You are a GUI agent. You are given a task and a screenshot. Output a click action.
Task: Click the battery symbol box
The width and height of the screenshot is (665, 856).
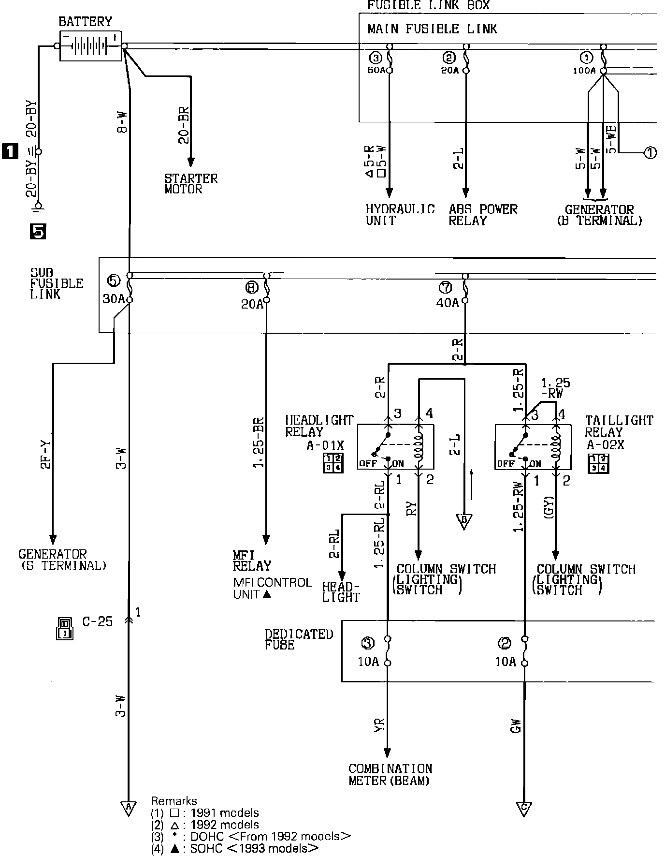pyautogui.click(x=90, y=46)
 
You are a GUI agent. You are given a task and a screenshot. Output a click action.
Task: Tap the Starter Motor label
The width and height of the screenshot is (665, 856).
pyautogui.click(x=191, y=184)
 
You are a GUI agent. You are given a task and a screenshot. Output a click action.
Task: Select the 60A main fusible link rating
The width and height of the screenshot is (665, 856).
pyautogui.click(x=376, y=70)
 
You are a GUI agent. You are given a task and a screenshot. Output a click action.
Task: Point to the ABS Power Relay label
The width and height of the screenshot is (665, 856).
pyautogui.click(x=483, y=215)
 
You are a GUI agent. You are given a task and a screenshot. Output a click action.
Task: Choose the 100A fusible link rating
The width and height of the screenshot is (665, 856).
pyautogui.click(x=584, y=71)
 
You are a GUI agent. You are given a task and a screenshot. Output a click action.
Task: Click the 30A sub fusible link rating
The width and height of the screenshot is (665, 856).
pyautogui.click(x=114, y=299)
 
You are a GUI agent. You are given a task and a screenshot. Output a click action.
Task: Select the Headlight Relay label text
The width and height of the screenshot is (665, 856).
pyautogui.click(x=319, y=426)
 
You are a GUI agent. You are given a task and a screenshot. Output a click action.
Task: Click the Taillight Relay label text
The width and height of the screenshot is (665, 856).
pyautogui.click(x=619, y=426)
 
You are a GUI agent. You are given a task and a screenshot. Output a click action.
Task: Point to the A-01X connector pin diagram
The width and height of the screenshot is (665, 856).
pyautogui.click(x=333, y=463)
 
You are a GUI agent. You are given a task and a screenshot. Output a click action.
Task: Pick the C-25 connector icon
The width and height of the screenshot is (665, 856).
pyautogui.click(x=64, y=628)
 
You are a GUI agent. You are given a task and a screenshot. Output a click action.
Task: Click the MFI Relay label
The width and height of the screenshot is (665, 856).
pyautogui.click(x=252, y=561)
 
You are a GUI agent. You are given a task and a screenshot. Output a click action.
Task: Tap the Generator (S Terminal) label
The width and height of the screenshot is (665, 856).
pyautogui.click(x=62, y=560)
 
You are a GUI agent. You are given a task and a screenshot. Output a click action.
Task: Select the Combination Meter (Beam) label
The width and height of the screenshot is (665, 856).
pyautogui.click(x=390, y=774)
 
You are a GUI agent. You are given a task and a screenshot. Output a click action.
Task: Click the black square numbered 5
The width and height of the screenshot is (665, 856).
pyautogui.click(x=38, y=233)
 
